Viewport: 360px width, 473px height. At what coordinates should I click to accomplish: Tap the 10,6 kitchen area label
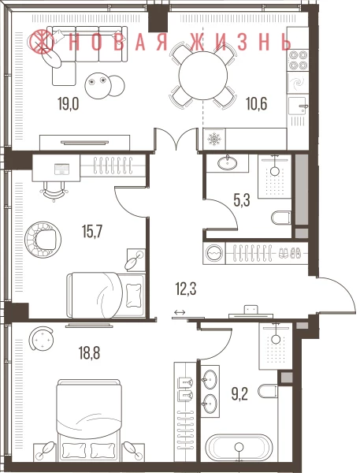[257, 104]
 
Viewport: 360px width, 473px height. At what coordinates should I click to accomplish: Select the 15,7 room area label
[92, 232]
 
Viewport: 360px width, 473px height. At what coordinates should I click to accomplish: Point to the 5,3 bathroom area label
[242, 200]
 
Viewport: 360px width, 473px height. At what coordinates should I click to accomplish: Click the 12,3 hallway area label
[186, 289]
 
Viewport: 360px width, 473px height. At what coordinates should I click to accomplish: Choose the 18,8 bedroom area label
[90, 353]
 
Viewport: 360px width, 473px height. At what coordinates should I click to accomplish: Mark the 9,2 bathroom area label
[239, 394]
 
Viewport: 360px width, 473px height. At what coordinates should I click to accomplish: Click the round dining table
[202, 76]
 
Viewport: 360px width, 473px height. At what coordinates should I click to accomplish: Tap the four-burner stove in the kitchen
[298, 60]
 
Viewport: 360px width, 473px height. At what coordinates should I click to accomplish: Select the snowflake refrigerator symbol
[214, 139]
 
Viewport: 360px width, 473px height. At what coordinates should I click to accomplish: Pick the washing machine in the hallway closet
[213, 253]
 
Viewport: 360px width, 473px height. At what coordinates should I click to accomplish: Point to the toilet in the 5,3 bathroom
[281, 218]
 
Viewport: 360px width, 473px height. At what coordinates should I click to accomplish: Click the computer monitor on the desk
[62, 169]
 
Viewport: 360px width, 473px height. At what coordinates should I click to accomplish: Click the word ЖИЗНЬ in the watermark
[241, 42]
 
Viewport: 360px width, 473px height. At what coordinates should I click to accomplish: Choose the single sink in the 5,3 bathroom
[227, 163]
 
